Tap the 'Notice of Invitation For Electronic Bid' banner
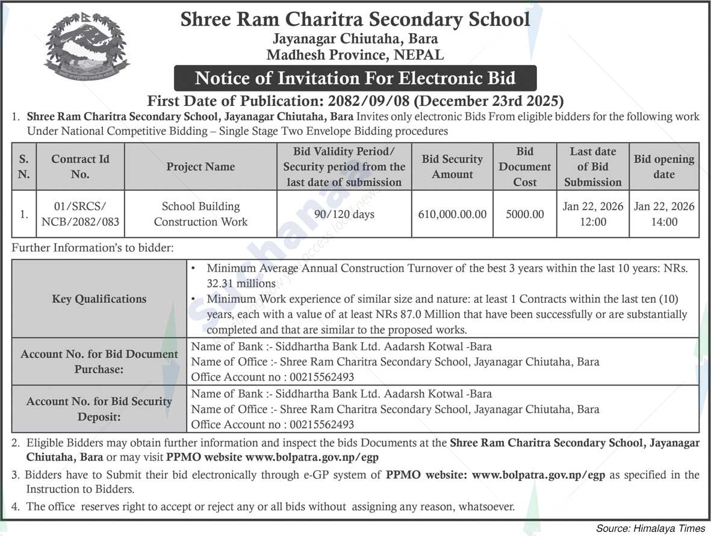[355, 78]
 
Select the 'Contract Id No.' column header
[80, 167]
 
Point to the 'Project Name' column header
[200, 167]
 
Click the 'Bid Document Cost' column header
[524, 167]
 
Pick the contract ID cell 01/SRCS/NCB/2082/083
[80, 214]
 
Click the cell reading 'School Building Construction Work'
[200, 214]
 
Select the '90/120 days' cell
[344, 214]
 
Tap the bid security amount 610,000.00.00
[452, 214]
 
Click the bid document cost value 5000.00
[524, 214]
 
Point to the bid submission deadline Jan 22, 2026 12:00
[592, 214]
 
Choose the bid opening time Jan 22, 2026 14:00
[664, 214]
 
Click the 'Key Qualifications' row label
[99, 299]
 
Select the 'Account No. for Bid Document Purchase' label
[99, 361]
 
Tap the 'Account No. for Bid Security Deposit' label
[99, 409]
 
